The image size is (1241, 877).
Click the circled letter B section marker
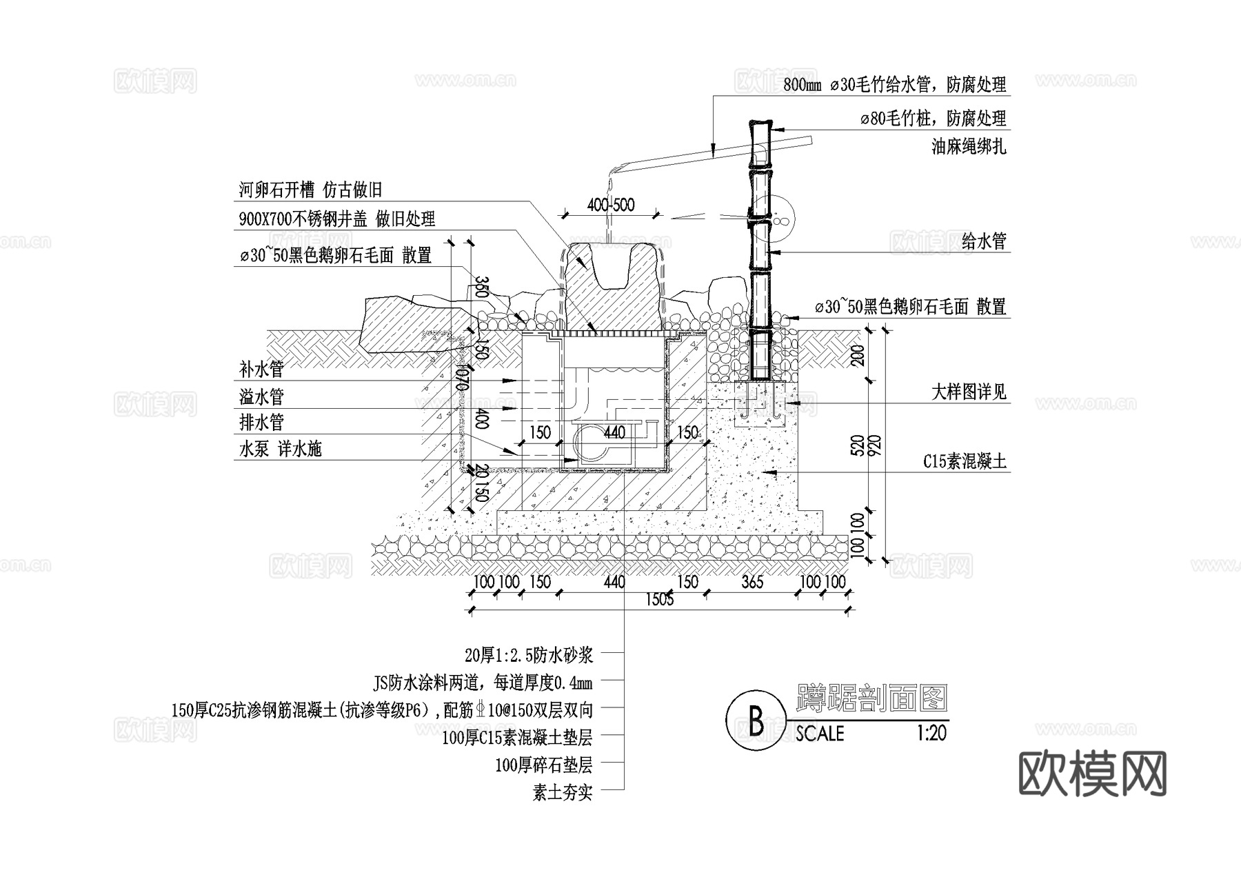coord(756,721)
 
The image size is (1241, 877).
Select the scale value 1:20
coord(931,732)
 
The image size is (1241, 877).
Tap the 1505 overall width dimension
coord(659,599)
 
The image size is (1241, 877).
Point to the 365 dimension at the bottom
coord(752,582)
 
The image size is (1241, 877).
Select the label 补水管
coord(261,370)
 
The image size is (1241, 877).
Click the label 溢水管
coord(261,396)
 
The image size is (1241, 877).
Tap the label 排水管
coord(261,422)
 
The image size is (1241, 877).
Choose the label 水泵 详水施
coord(281,450)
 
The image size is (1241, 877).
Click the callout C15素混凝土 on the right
coord(965,461)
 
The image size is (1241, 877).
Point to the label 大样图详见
coord(969,392)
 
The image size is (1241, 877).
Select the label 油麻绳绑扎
coord(969,146)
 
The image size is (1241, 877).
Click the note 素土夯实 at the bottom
coord(562,793)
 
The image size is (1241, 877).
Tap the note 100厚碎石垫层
coord(543,765)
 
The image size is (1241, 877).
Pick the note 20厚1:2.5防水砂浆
coord(529,654)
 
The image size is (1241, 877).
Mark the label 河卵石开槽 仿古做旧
coord(310,190)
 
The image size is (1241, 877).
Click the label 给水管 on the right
coord(984,241)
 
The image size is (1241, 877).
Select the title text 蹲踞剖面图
coord(871,698)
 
